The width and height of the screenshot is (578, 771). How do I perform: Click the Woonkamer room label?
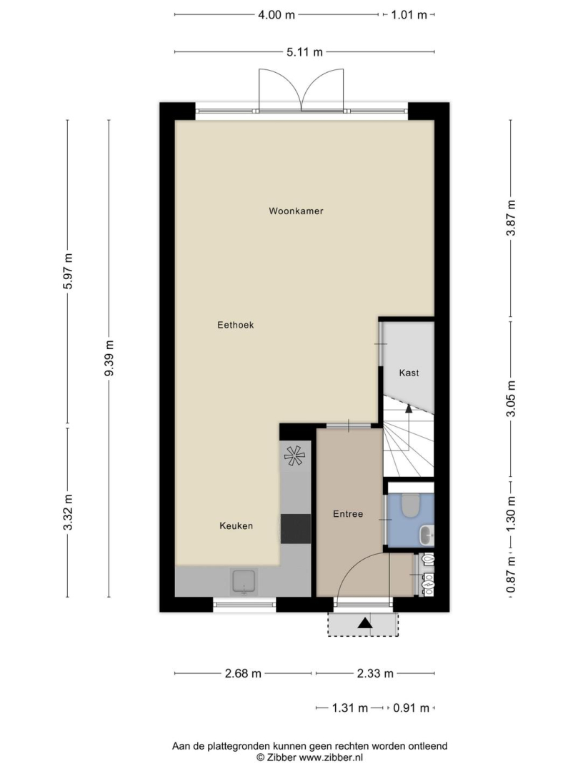[296, 211]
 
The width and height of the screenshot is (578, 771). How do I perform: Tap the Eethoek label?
[236, 325]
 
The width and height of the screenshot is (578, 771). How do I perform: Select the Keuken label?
[236, 526]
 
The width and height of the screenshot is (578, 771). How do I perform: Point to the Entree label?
[348, 514]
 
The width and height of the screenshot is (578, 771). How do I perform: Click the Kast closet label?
[409, 373]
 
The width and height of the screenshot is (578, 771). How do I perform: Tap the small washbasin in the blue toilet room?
[427, 535]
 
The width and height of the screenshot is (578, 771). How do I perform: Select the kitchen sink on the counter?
[244, 582]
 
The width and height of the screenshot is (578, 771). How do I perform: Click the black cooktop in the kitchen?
[296, 528]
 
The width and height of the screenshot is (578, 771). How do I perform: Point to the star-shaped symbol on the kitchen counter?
[294, 455]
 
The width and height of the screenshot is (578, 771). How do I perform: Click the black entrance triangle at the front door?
[364, 623]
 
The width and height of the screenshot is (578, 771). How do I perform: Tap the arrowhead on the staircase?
[408, 408]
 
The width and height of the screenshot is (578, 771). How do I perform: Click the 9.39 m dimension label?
[109, 358]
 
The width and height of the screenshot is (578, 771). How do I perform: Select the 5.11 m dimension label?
[304, 51]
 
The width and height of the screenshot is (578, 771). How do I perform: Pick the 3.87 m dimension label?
[511, 218]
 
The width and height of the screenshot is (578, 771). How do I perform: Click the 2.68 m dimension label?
[243, 674]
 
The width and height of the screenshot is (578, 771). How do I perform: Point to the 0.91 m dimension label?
[412, 709]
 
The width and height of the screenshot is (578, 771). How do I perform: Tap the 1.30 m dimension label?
[511, 513]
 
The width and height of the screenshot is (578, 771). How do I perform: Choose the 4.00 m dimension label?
[276, 15]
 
